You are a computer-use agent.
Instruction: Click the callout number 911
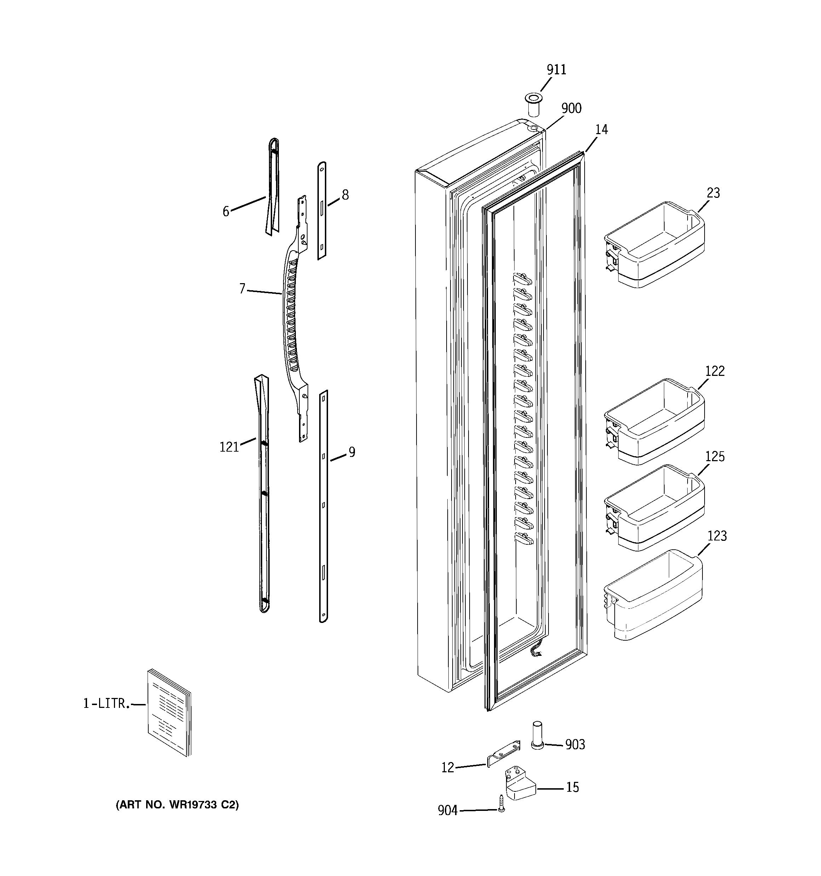click(556, 70)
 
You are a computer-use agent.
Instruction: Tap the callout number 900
click(571, 108)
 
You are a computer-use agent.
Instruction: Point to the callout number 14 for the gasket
click(601, 129)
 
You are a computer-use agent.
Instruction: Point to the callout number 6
click(226, 212)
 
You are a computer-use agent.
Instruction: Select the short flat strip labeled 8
click(322, 211)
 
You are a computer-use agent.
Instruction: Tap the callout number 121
click(229, 447)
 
